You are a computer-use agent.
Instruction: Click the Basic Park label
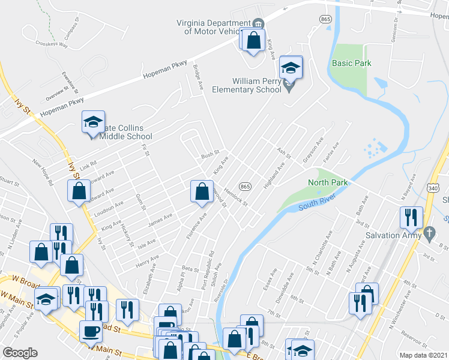[x=351, y=63]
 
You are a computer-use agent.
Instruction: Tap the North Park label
[x=324, y=182]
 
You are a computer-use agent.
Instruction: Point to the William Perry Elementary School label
[x=247, y=85]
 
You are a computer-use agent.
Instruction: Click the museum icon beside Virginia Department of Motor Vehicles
[x=259, y=23]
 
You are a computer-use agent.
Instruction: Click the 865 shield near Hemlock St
[x=244, y=187]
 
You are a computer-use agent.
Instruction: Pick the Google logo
[x=20, y=353]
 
